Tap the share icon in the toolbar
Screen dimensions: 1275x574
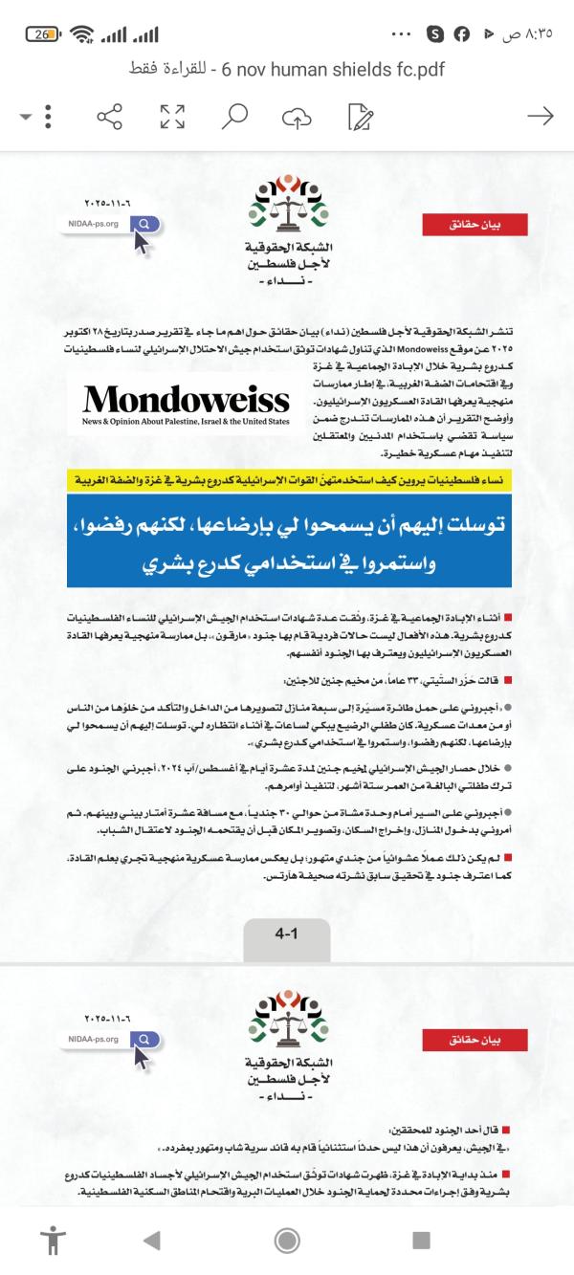pyautogui.click(x=110, y=118)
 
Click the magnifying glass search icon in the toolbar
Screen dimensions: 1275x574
pyautogui.click(x=234, y=118)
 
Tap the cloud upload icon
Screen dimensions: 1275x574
pyautogui.click(x=297, y=118)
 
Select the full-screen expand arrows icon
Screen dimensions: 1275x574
pyautogui.click(x=172, y=118)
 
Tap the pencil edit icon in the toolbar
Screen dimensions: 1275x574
pyautogui.click(x=361, y=118)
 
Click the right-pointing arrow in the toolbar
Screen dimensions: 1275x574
pyautogui.click(x=541, y=117)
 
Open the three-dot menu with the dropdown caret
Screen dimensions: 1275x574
pyautogui.click(x=38, y=118)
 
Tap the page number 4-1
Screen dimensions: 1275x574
pyautogui.click(x=287, y=906)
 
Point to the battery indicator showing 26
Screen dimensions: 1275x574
pyautogui.click(x=44, y=34)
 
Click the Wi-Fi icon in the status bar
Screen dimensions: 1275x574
pyautogui.click(x=83, y=34)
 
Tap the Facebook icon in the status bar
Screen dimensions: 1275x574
pyautogui.click(x=462, y=34)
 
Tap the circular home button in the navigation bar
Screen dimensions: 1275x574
pyautogui.click(x=286, y=1241)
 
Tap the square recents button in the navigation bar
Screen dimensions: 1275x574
pyautogui.click(x=421, y=1241)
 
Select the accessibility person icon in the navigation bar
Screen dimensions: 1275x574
pyautogui.click(x=52, y=1241)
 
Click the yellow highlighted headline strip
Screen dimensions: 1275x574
pyautogui.click(x=287, y=477)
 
